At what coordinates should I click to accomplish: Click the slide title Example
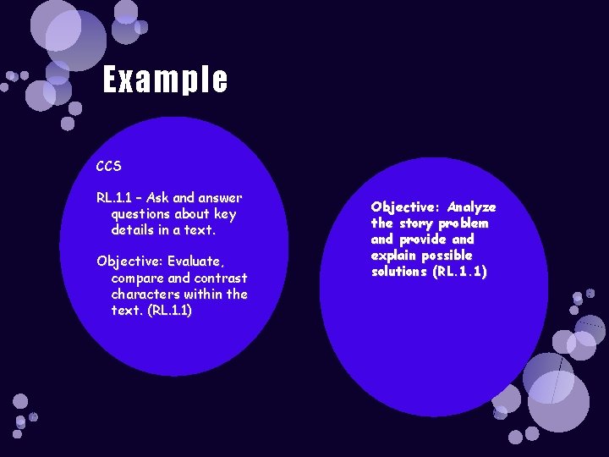[165, 80]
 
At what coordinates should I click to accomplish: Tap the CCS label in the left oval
[109, 166]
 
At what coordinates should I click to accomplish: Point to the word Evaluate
[194, 262]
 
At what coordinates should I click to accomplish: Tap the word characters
[146, 294]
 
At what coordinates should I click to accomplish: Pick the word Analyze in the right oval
[471, 207]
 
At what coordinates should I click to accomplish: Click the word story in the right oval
[415, 223]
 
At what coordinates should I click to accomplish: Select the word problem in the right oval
[464, 223]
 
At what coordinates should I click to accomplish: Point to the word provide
[428, 240]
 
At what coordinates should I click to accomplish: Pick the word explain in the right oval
[396, 256]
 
